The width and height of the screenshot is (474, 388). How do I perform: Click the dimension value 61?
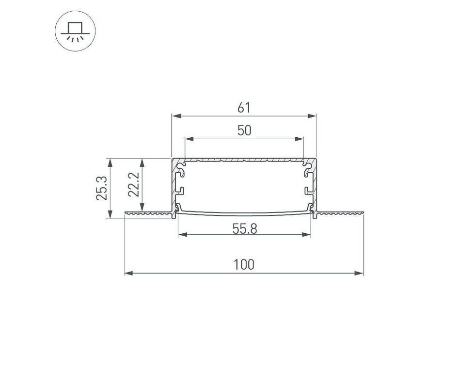coord(244,108)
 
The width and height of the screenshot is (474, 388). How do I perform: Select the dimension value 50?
coord(244,130)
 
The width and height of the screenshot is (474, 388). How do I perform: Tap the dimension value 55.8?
coord(245,228)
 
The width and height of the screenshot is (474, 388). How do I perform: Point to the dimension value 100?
coord(244,265)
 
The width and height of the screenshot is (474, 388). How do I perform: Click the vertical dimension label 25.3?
coord(102,188)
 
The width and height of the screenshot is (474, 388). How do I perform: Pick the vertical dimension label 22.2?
coord(133,184)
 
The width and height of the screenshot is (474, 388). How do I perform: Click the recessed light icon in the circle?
coord(75,31)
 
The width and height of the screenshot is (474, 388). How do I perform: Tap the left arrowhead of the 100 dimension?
coord(129,274)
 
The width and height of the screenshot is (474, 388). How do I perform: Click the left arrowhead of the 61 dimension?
coord(176,116)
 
